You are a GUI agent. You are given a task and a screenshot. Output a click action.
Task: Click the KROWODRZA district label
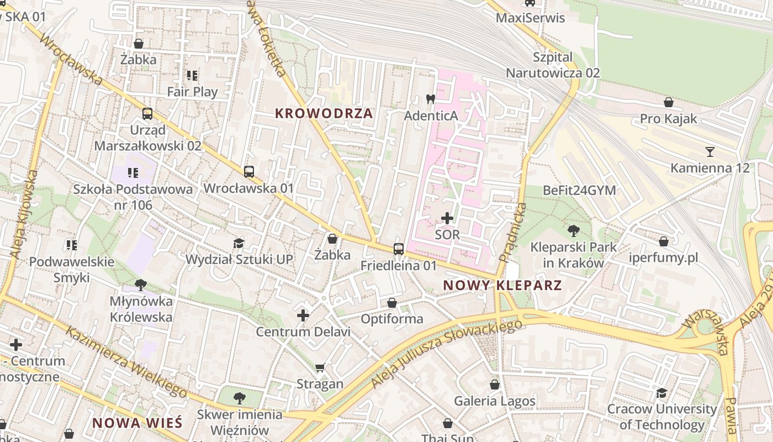324,114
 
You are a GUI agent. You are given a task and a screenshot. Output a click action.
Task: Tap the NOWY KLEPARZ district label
502,286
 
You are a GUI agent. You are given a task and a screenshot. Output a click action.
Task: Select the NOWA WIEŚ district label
137,423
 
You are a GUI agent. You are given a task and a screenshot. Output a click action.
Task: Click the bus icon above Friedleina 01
399,249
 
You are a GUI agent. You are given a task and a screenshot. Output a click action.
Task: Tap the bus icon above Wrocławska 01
249,172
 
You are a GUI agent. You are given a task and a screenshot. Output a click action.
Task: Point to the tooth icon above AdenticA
431,99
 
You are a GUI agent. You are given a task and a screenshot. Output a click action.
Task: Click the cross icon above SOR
447,218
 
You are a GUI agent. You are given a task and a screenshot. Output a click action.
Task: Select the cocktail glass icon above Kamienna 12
710,151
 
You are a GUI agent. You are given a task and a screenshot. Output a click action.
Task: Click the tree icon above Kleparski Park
574,230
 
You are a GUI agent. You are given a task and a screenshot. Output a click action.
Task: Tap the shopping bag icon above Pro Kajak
669,102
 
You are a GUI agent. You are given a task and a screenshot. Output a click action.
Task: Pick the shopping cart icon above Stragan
320,367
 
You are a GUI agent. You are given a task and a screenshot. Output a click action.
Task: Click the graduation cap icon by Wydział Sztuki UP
239,243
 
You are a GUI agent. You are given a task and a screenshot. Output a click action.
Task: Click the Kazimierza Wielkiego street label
127,362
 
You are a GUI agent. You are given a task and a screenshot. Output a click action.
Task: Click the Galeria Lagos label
495,401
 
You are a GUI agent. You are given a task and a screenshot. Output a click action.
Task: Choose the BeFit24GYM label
579,190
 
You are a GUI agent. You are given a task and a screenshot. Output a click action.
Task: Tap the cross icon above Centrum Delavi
303,315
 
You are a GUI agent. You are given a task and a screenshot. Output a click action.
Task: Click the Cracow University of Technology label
662,417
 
